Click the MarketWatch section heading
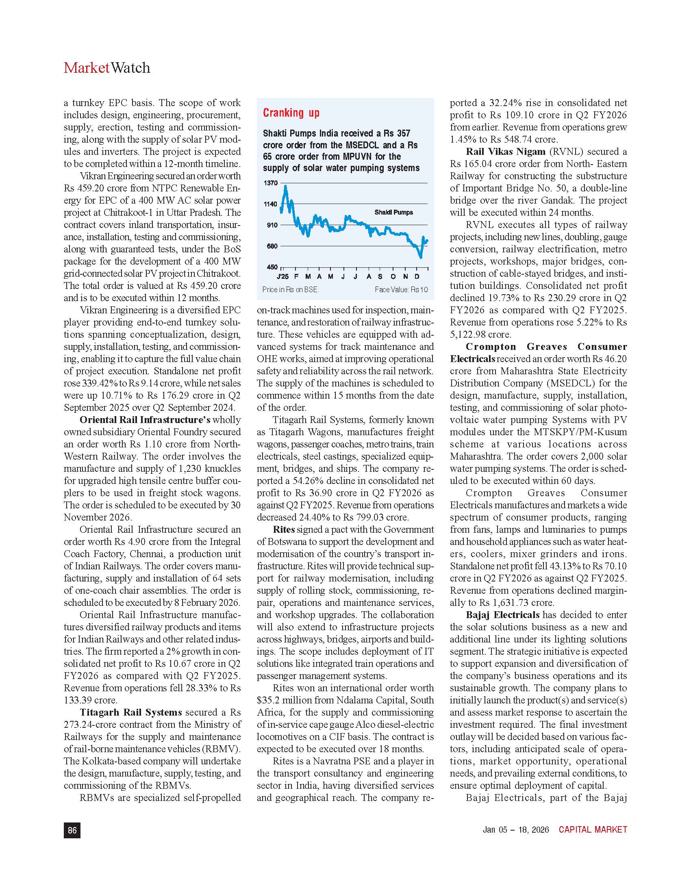(x=107, y=67)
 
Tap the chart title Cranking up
(x=291, y=113)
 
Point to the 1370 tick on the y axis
(x=271, y=183)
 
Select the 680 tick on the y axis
(x=272, y=246)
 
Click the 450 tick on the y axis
(x=272, y=267)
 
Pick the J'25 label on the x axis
(x=282, y=277)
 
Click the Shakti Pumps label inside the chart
(x=393, y=212)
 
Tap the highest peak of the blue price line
(x=285, y=186)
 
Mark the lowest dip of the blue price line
(x=420, y=257)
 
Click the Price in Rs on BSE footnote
(x=290, y=290)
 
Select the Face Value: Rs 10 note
(x=401, y=290)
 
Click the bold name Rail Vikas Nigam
(x=506, y=152)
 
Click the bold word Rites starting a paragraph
(x=284, y=529)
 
